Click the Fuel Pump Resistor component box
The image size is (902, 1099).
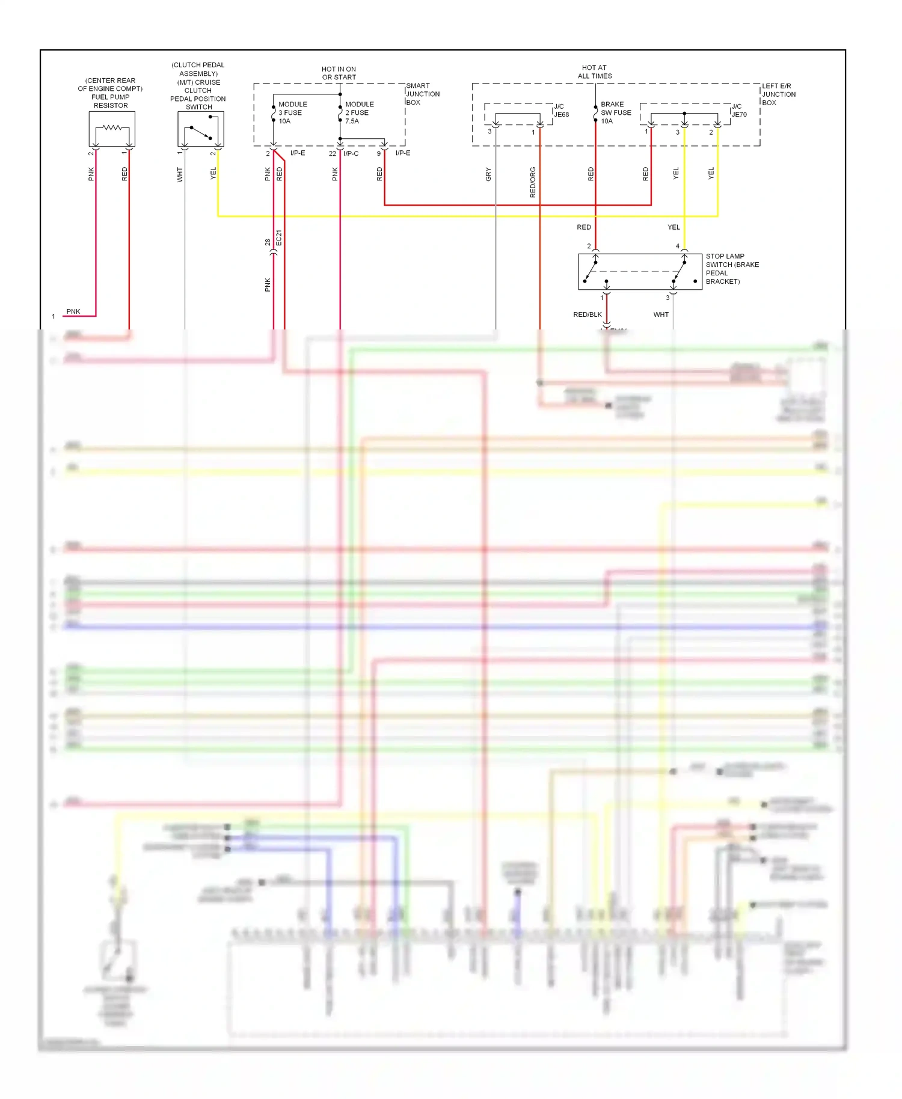pos(112,129)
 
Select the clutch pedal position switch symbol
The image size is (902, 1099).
pos(201,129)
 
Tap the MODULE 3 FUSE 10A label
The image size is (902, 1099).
pos(292,113)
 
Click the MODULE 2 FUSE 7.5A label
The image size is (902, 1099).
pos(359,113)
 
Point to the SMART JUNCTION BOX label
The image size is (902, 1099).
pos(423,94)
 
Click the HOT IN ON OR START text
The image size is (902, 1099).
pos(339,73)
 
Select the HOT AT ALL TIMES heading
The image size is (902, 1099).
pos(595,72)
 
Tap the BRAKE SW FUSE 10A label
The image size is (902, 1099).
pos(616,113)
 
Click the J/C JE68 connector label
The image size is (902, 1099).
pos(561,111)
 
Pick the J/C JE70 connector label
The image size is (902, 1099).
pos(739,111)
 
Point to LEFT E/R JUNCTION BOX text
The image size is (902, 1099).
pos(779,94)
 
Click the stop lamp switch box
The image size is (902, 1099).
pos(640,272)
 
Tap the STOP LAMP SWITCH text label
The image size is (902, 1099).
pos(731,269)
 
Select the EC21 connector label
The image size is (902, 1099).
pos(279,238)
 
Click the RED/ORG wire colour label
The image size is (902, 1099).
pos(533,183)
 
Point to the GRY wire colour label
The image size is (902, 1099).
pos(488,174)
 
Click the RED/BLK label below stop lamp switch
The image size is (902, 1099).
pos(588,314)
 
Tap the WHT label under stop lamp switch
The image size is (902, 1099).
pos(661,314)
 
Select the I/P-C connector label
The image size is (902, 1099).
pos(351,153)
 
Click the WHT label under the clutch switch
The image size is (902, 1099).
pos(180,175)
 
